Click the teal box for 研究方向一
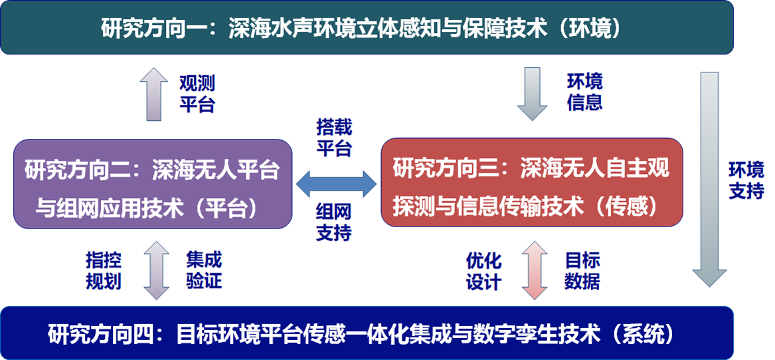point(367,27)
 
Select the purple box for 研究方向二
point(152,184)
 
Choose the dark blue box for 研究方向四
point(367,332)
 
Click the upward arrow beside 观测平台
point(154,94)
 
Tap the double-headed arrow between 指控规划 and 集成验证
point(154,270)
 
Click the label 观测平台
point(197,94)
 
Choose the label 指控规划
point(103,270)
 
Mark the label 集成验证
point(204,270)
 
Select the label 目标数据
point(582,270)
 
